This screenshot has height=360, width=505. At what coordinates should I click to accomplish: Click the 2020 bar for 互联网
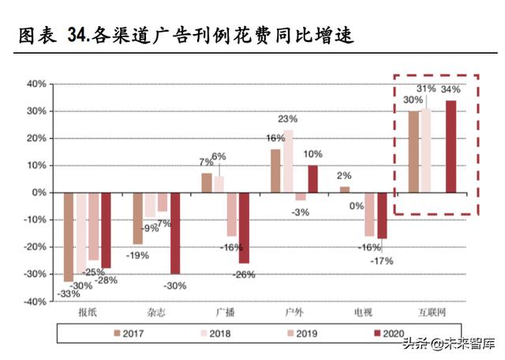click(451, 146)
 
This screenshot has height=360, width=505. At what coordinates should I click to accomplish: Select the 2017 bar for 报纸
click(69, 237)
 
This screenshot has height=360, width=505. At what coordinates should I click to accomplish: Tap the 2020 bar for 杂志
click(174, 233)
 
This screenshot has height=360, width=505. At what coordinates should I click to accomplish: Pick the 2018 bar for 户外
click(288, 161)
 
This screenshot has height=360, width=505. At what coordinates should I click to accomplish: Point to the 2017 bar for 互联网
click(413, 152)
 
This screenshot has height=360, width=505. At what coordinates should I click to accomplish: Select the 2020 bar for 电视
click(382, 216)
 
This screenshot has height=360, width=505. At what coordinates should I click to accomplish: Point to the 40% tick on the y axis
click(37, 84)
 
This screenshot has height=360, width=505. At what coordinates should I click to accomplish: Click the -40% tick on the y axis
click(36, 302)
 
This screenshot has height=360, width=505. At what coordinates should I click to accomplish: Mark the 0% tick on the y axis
click(39, 193)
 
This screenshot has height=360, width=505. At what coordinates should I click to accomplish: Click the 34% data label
click(451, 89)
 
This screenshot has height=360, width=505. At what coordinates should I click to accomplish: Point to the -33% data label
click(68, 294)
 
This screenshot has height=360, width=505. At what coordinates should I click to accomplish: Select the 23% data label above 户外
click(288, 118)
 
